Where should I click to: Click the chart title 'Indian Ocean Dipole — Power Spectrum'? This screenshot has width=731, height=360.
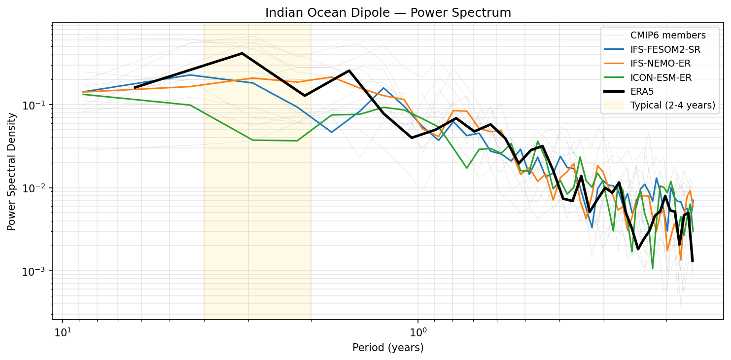pos(388,13)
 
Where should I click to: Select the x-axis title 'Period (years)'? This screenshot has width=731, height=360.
pos(388,348)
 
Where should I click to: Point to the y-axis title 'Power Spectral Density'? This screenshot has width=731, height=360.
pos(12,171)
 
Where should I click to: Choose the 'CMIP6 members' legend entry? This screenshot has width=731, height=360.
pos(668,36)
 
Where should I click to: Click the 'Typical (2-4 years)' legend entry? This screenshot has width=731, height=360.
pos(672,105)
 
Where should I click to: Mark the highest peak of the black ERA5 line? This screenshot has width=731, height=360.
pos(242,53)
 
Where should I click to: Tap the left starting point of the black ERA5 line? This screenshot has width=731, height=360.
pos(135,88)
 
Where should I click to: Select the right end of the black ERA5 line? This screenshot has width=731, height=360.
pos(693,261)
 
